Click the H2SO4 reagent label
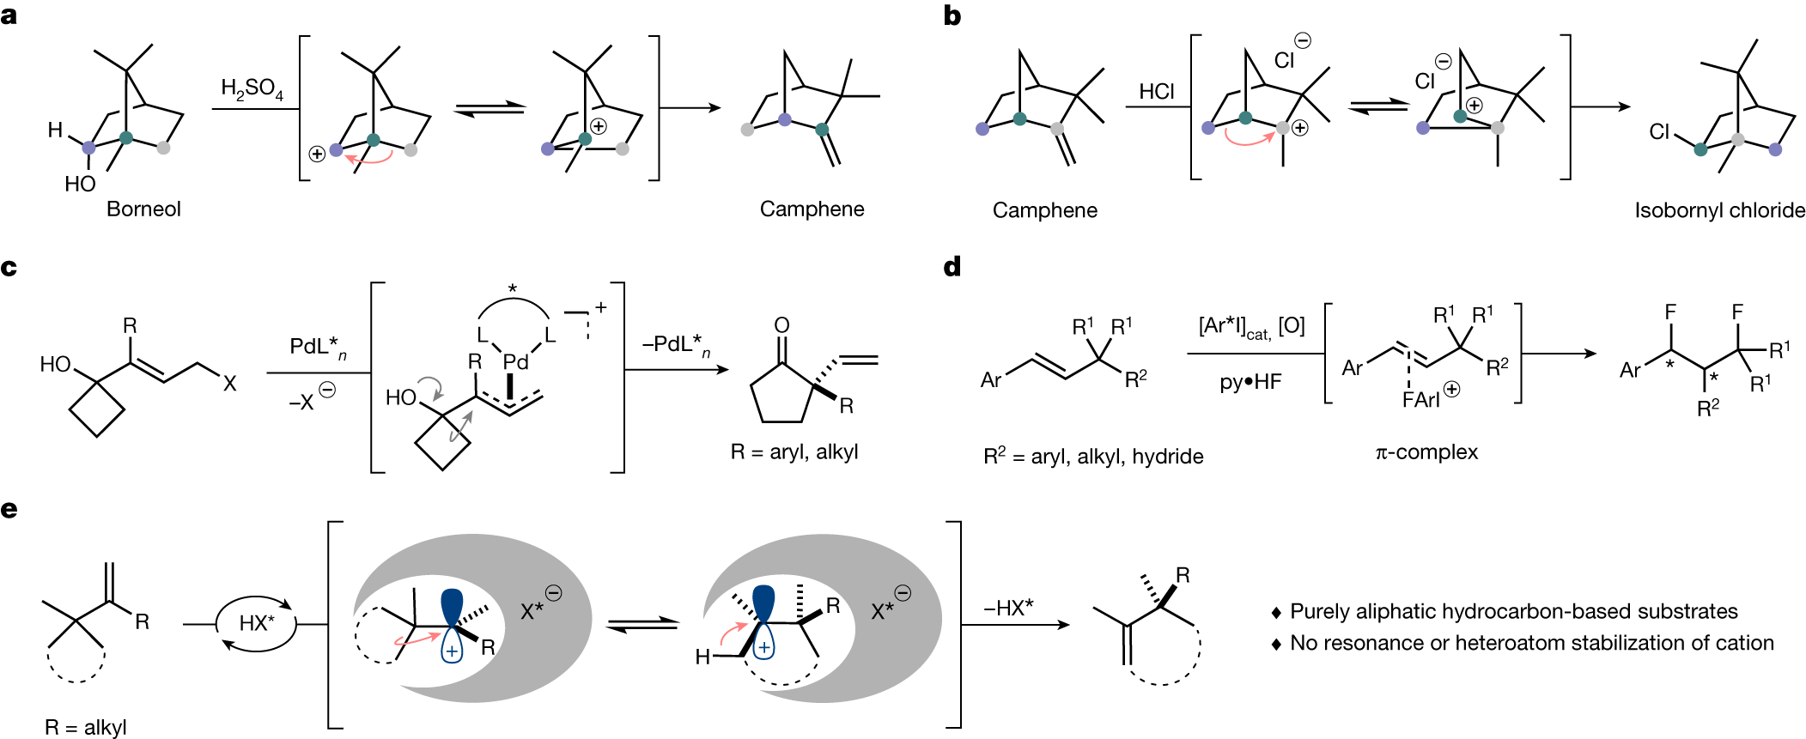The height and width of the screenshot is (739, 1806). pos(252,89)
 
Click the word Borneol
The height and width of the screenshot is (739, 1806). pos(143,209)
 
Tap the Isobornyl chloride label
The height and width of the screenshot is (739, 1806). pos(1719,211)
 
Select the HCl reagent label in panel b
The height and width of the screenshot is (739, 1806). pos(1156,92)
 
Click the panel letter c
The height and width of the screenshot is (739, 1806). pos(9,268)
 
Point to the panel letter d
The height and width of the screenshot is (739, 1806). pos(952,267)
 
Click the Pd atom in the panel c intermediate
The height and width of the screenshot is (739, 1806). pos(515,362)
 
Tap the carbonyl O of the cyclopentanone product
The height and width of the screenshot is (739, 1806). pos(781,325)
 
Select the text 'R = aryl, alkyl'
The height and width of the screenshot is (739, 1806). pos(794,452)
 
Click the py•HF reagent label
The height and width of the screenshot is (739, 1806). pos(1250,382)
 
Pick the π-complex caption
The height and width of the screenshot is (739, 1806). pos(1426,452)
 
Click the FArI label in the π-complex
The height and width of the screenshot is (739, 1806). pos(1421,400)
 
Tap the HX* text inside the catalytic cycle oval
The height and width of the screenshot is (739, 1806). pos(257,623)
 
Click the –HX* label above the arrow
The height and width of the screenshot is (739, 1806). pos(1008,608)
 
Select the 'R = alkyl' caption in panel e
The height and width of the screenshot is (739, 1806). pos(86,728)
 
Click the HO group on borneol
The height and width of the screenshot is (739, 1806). pos(80,185)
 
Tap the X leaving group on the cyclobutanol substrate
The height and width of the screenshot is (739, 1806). pos(229,384)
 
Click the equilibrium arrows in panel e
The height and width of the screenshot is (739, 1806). pos(642,625)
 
